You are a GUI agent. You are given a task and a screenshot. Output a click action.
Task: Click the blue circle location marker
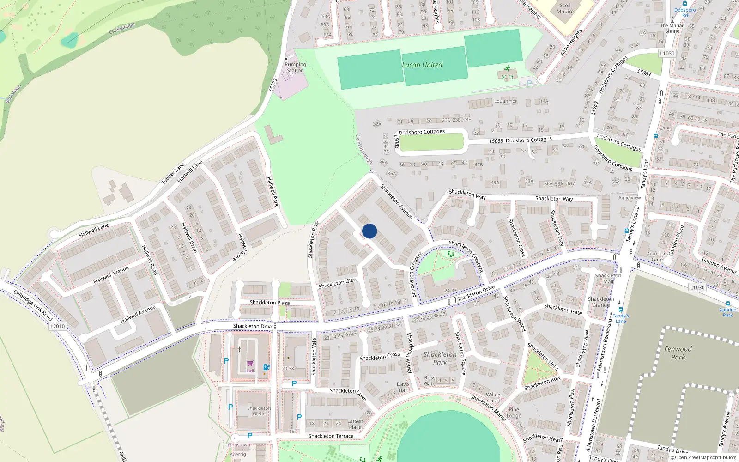369,231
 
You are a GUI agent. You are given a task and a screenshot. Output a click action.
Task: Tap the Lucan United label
422,65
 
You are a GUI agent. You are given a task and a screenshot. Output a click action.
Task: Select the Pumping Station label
295,67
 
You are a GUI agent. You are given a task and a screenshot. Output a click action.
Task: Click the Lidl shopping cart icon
250,364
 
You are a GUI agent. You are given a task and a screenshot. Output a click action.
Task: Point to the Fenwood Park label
678,353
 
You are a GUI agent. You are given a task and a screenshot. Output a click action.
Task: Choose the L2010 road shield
57,326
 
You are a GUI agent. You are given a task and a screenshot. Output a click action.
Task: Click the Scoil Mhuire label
565,9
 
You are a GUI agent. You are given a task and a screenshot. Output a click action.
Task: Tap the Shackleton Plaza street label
270,303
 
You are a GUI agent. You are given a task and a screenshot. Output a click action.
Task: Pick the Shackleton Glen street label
337,283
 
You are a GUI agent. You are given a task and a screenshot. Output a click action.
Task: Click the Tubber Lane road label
173,174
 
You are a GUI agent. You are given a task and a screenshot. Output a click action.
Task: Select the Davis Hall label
403,387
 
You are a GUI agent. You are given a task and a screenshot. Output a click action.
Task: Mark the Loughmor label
505,101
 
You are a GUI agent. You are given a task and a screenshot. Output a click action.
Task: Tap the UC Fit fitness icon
508,68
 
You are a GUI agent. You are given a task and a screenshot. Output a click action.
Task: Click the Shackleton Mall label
608,278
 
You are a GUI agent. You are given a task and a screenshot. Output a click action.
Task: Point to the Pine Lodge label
514,413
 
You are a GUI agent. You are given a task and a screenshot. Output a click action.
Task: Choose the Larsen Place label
355,424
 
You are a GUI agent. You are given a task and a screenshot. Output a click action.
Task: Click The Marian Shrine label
672,28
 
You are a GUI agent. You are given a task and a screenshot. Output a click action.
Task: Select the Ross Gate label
430,381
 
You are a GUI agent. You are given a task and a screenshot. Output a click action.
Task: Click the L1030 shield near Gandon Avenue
697,287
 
